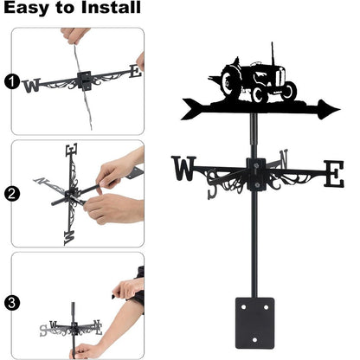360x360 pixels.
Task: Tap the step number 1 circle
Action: [10, 82]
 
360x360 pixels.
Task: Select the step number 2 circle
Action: [10, 193]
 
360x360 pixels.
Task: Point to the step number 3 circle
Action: [10, 303]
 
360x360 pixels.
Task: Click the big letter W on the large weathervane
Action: [184, 170]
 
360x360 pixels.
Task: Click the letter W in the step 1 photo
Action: [32, 85]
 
